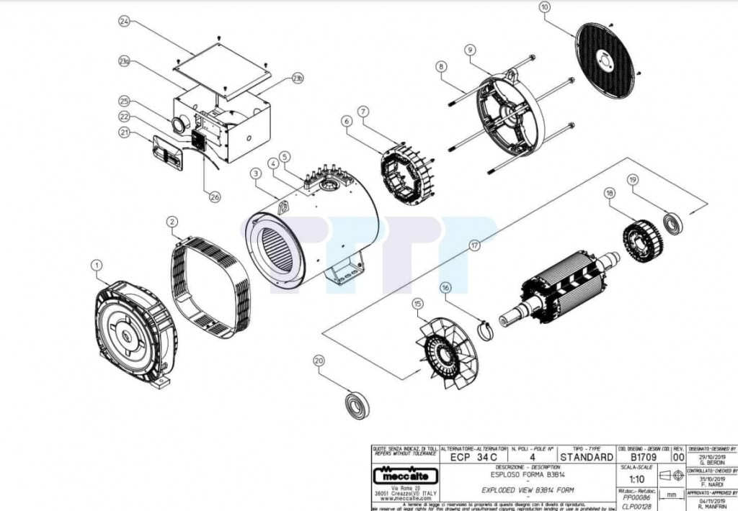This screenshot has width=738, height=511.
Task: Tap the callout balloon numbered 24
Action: tap(124, 22)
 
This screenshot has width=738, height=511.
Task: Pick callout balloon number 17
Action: tap(474, 244)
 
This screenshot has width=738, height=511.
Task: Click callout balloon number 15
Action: tap(417, 304)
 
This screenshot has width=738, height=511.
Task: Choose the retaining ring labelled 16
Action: tap(487, 333)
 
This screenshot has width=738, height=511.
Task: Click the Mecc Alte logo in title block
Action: tap(404, 476)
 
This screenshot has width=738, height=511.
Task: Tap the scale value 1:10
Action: tap(637, 479)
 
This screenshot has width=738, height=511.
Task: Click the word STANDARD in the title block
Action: tap(586, 456)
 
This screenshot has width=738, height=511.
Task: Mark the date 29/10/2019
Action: tap(713, 453)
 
